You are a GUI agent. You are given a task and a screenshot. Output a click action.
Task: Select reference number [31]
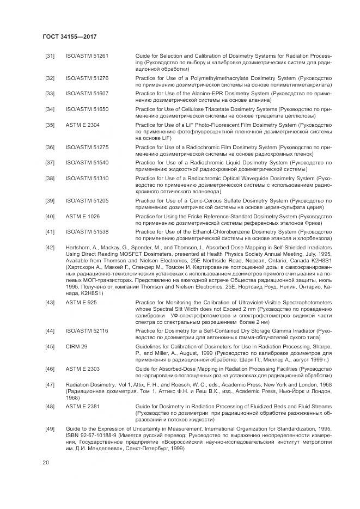pyautogui.click(x=50, y=56)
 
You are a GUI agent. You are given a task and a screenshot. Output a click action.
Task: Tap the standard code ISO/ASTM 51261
pyautogui.click(x=87, y=56)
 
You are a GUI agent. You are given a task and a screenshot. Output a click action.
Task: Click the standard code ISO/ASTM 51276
pyautogui.click(x=87, y=78)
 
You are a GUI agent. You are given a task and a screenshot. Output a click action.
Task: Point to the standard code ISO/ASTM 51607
pyautogui.click(x=87, y=94)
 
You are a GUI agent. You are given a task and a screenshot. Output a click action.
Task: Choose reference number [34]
pyautogui.click(x=50, y=109)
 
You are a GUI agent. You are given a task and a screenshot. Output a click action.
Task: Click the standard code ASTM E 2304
pyautogui.click(x=82, y=125)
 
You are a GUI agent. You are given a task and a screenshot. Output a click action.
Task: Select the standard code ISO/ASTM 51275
pyautogui.click(x=87, y=147)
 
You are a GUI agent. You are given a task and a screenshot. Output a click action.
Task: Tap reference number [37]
pyautogui.click(x=50, y=162)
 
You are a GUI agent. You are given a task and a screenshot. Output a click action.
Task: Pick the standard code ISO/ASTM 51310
pyautogui.click(x=87, y=178)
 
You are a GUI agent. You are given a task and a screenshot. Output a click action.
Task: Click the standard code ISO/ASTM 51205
pyautogui.click(x=87, y=200)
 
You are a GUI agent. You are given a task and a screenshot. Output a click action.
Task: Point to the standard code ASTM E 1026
pyautogui.click(x=82, y=216)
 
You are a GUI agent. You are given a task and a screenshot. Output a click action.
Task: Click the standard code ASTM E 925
pyautogui.click(x=81, y=301)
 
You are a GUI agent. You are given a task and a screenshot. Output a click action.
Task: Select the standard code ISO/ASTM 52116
pyautogui.click(x=87, y=330)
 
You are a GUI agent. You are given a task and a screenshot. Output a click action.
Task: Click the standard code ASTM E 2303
pyautogui.click(x=82, y=369)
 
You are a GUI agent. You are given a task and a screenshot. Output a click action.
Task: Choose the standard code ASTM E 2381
pyautogui.click(x=82, y=406)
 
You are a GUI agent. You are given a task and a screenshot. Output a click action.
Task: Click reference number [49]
pyautogui.click(x=50, y=429)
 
